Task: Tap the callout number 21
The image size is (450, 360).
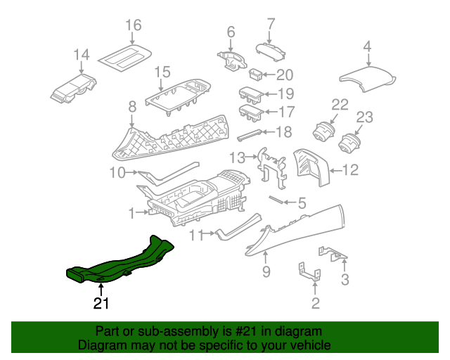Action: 101,303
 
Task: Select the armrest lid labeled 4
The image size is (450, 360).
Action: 368,78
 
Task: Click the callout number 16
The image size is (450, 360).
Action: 134,25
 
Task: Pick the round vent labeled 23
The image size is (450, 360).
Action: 349,144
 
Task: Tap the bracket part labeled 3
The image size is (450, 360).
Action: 333,254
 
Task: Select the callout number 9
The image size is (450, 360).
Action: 266,271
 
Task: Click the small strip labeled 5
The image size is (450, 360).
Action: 276,200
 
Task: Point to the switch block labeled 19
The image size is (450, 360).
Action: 252,94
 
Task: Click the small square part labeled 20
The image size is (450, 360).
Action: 255,75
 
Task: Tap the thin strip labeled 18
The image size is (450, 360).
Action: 250,134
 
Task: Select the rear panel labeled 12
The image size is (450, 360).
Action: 312,167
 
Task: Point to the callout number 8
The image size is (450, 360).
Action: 132,107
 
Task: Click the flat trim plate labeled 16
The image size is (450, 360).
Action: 125,58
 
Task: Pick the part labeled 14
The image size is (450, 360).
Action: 73,89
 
